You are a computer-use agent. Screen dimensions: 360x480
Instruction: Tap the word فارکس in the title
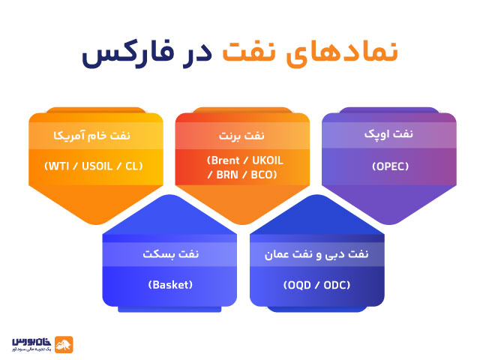(118, 55)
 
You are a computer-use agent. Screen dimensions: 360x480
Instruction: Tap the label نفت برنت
(239, 136)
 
